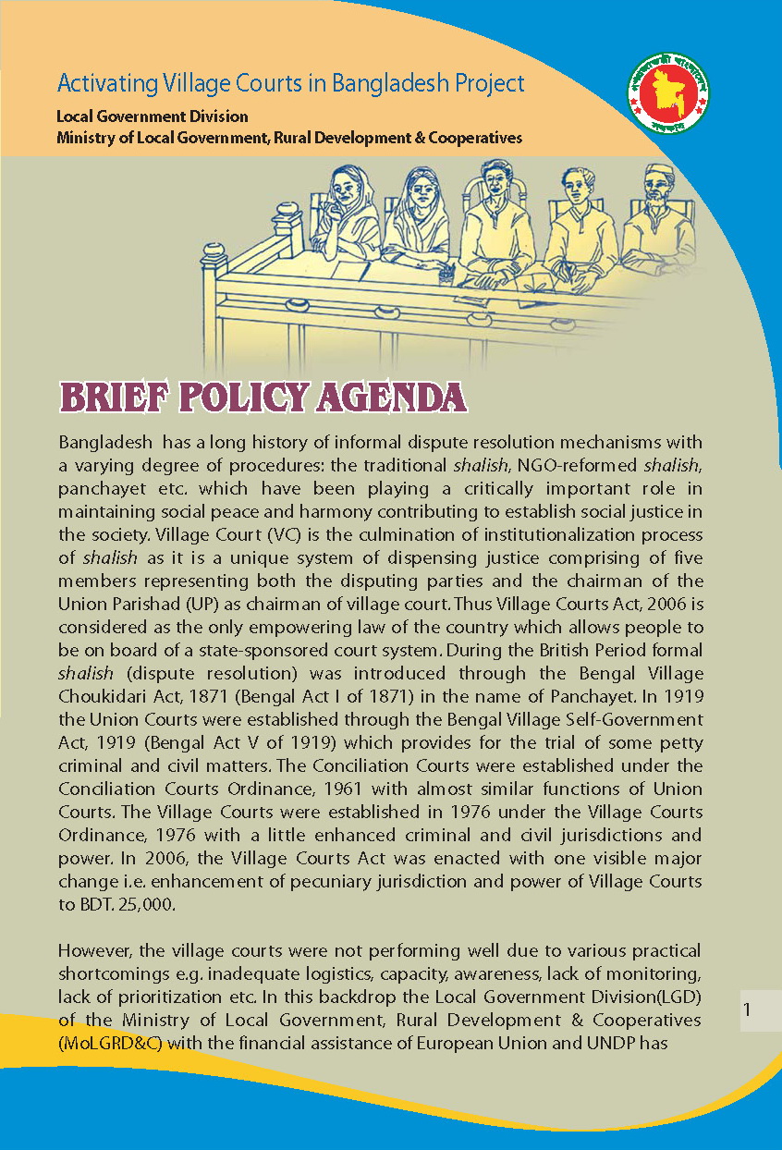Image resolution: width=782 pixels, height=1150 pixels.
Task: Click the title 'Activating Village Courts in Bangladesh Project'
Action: click(x=290, y=83)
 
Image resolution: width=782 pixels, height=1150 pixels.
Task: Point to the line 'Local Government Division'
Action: click(x=153, y=117)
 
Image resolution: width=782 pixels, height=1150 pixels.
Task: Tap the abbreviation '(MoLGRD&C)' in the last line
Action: click(x=102, y=1044)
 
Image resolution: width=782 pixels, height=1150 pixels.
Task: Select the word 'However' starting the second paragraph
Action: click(x=92, y=951)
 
